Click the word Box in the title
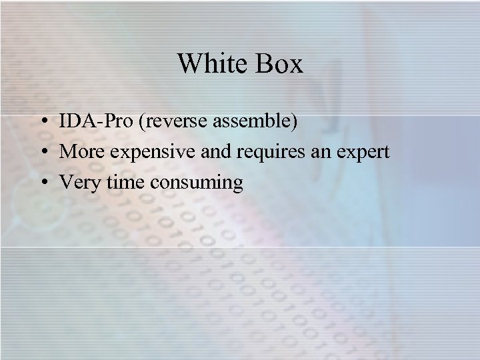[280, 64]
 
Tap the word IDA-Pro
[91, 123]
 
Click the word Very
[78, 181]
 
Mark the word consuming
[197, 181]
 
